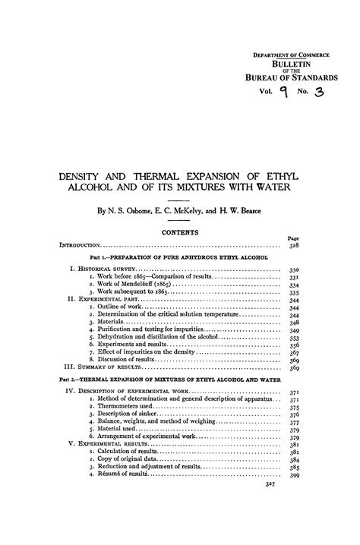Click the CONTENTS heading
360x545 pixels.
coord(179,232)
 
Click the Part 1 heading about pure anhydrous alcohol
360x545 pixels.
coord(179,259)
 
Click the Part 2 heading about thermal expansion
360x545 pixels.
coord(179,379)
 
